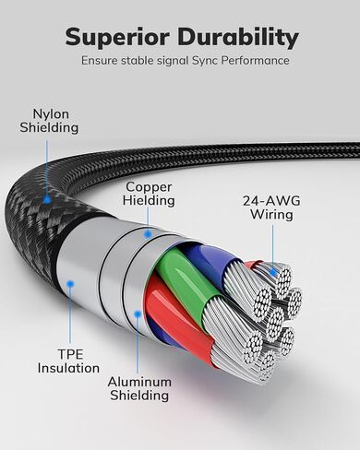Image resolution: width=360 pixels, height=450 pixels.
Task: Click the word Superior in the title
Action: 117,38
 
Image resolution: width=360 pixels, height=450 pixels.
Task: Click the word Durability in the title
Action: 238,37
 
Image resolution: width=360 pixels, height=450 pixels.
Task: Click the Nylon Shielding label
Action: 49,121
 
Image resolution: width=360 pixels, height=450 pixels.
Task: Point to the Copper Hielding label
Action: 149,194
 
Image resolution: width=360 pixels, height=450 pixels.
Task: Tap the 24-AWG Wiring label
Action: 271,207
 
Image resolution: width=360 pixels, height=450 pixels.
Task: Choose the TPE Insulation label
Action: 68,361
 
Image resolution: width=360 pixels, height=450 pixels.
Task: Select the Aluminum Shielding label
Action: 139,388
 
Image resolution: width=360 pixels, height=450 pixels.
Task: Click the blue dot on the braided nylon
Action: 47,200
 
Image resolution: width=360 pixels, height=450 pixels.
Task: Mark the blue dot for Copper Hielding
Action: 148,234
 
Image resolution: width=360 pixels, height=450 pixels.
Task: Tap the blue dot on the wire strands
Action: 273,272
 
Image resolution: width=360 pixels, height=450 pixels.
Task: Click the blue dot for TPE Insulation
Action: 70,283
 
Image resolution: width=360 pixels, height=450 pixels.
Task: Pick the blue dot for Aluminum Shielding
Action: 138,314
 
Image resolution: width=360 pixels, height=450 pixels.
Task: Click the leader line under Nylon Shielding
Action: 47,168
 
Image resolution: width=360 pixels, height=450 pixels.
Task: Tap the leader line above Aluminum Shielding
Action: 138,346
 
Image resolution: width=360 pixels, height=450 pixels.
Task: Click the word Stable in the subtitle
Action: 138,61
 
